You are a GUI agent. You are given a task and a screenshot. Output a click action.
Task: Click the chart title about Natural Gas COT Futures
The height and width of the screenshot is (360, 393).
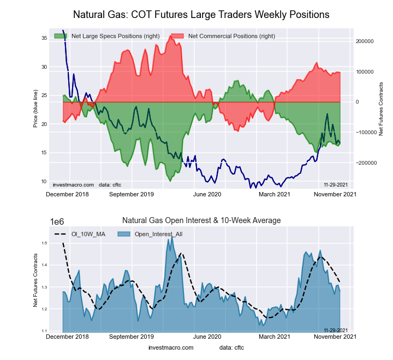pyautogui.click(x=201, y=15)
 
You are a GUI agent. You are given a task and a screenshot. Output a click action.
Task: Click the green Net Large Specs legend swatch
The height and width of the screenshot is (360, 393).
pyautogui.click(x=61, y=36)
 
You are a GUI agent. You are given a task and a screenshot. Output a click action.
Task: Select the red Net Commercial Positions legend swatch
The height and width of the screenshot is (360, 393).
pyautogui.click(x=177, y=36)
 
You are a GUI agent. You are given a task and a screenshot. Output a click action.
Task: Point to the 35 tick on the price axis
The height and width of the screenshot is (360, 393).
pyautogui.click(x=43, y=38)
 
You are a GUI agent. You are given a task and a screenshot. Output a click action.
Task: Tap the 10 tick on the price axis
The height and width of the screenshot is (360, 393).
pyautogui.click(x=43, y=181)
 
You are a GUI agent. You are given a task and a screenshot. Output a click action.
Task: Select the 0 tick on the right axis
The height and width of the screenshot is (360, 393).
pyautogui.click(x=358, y=102)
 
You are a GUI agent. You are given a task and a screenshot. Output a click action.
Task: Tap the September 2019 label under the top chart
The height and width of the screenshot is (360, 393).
pyautogui.click(x=132, y=194)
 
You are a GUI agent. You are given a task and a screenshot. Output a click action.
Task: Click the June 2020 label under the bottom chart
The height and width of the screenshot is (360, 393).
pyautogui.click(x=207, y=337)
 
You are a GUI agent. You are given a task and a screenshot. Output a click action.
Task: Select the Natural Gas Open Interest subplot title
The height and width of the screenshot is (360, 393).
pyautogui.click(x=201, y=220)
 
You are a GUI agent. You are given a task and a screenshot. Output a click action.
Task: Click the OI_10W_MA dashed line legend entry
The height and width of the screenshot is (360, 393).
pyautogui.click(x=80, y=234)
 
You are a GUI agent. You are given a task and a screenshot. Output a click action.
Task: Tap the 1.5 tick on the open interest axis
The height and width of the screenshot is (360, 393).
pyautogui.click(x=43, y=243)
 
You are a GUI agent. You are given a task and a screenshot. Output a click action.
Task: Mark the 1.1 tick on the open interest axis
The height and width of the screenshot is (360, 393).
pyautogui.click(x=43, y=331)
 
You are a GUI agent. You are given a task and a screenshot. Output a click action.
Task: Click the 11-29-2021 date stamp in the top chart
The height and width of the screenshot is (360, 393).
pyautogui.click(x=336, y=185)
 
